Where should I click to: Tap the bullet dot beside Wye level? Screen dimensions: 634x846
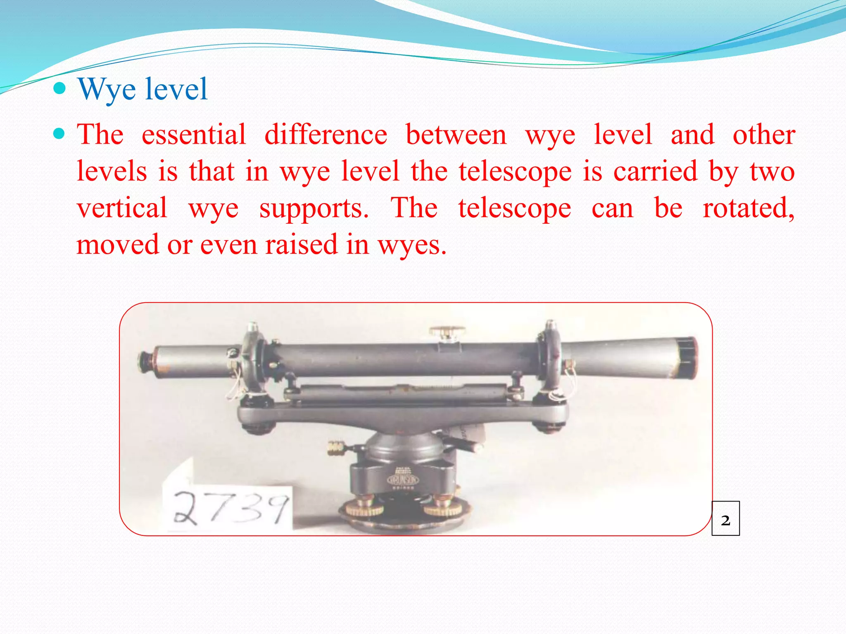(60, 88)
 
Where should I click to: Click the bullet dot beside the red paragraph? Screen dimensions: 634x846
(60, 134)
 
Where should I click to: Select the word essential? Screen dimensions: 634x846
(194, 135)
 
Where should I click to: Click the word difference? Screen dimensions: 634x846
(326, 135)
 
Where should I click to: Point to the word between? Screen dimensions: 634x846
(456, 135)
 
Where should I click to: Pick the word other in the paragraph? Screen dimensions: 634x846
(764, 135)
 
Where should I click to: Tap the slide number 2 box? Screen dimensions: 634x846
(725, 518)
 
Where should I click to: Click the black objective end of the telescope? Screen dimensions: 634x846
(687, 357)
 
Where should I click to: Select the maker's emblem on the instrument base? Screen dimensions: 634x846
(403, 480)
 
